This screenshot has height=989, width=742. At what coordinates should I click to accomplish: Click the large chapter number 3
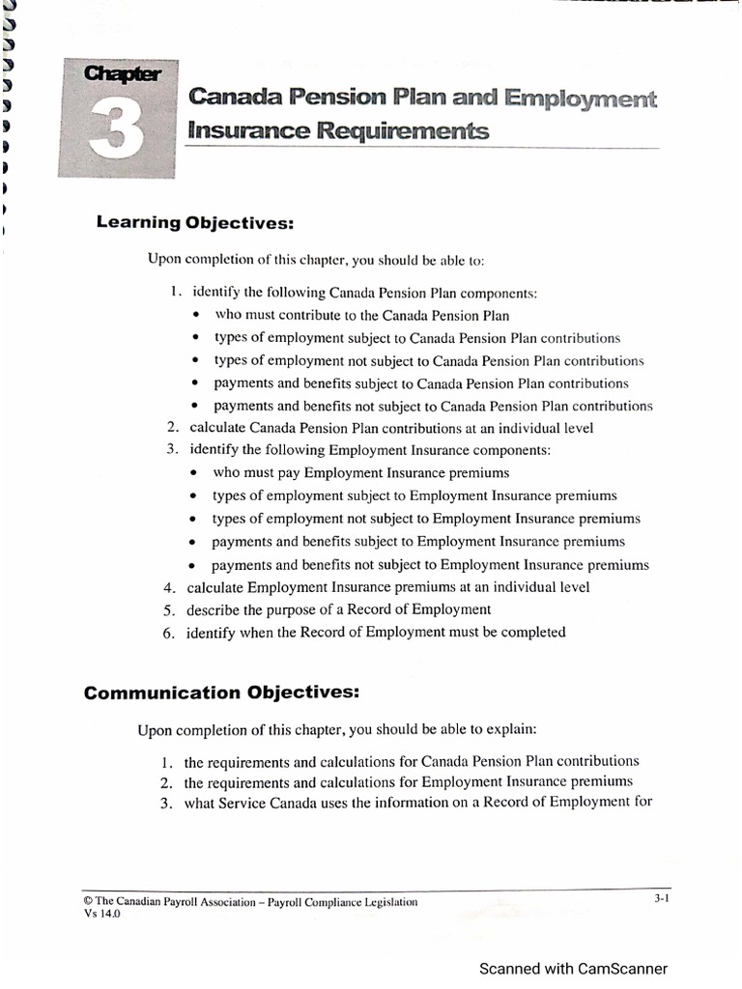point(115,129)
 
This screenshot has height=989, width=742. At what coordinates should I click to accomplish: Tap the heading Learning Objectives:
point(194,223)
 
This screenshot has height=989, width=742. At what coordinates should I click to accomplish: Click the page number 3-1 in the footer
point(661,898)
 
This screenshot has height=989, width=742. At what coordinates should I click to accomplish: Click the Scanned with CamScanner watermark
point(573,969)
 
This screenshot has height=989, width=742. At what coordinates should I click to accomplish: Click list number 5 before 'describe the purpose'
point(167,609)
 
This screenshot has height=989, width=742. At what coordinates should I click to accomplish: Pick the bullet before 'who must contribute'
point(197,316)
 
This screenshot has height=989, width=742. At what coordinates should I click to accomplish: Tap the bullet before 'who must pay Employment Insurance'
point(194,473)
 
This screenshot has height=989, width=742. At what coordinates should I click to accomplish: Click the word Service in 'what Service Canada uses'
point(244,803)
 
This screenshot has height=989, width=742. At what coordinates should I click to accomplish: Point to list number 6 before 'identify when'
point(167,633)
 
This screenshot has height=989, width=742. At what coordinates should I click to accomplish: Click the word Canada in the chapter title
point(236,98)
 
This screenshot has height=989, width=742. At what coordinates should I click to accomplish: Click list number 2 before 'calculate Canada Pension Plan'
point(172,428)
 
